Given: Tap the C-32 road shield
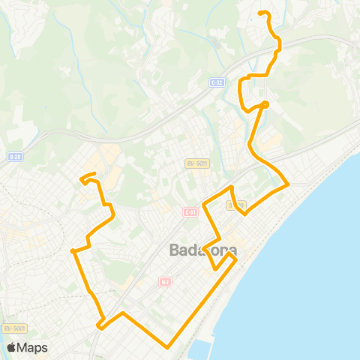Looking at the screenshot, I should pyautogui.click(x=217, y=82).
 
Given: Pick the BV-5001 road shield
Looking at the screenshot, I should pyautogui.click(x=14, y=328).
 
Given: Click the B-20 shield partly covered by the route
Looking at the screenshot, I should pyautogui.click(x=238, y=204).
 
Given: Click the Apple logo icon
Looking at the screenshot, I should pyautogui.click(x=11, y=347).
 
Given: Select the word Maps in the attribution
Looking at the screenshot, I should pyautogui.click(x=32, y=347).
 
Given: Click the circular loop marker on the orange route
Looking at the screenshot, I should pyautogui.click(x=265, y=104).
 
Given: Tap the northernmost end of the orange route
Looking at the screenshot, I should pyautogui.click(x=259, y=13).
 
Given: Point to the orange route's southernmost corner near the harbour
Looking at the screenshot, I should pyautogui.click(x=168, y=346).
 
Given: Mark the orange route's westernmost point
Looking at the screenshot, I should pyautogui.click(x=72, y=251).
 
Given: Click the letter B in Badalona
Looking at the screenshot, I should pyautogui.click(x=175, y=250).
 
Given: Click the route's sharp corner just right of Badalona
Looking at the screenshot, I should pyautogui.click(x=236, y=260).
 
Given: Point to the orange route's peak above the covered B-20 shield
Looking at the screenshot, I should pyautogui.click(x=232, y=187).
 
